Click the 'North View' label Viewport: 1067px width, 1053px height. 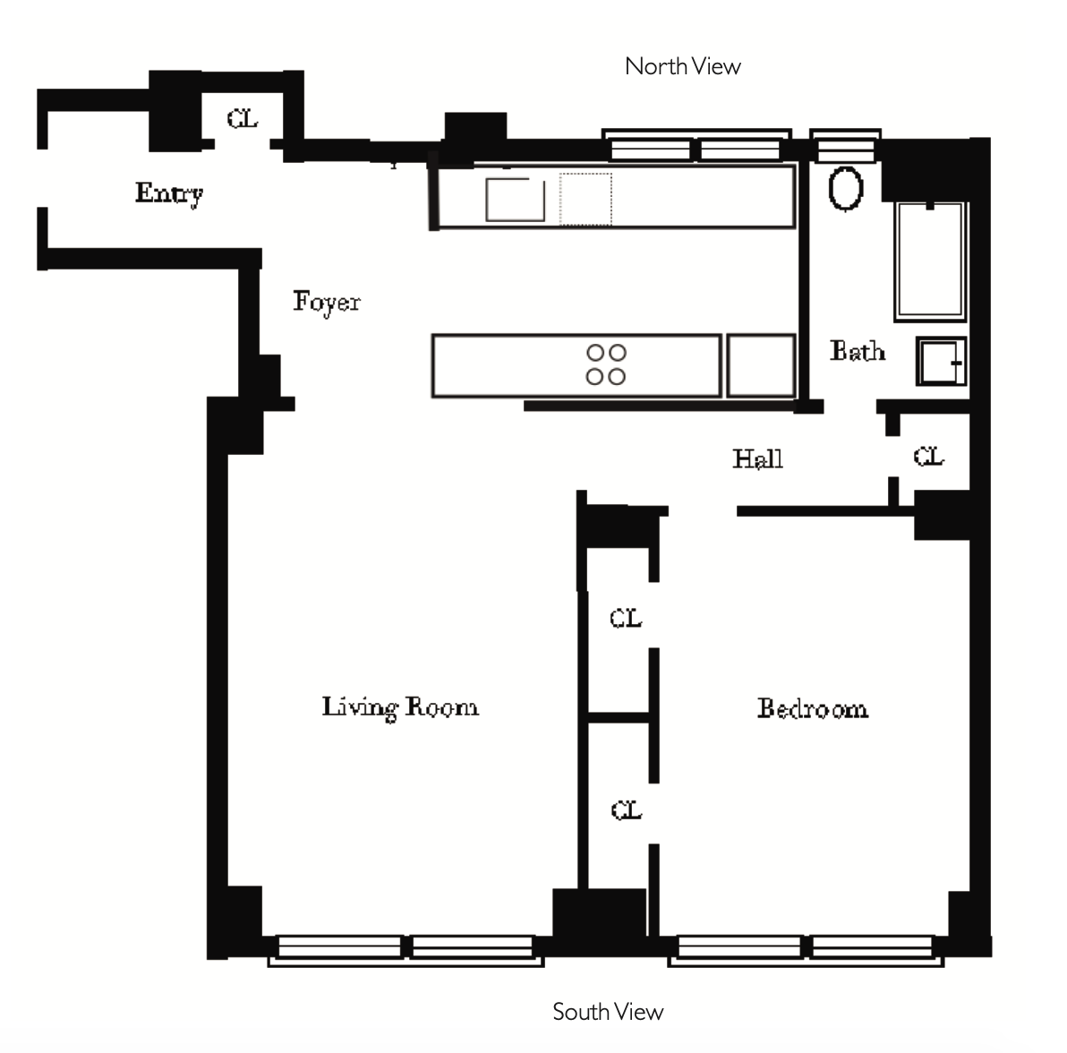click(682, 66)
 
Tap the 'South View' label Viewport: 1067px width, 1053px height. click(608, 1012)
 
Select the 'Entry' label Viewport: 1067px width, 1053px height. click(169, 193)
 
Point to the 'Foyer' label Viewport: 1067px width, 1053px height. click(327, 302)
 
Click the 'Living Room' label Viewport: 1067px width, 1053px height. click(400, 707)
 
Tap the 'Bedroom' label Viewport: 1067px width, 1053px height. click(813, 709)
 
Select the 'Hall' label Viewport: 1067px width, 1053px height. click(757, 459)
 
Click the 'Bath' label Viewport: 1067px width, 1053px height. click(858, 351)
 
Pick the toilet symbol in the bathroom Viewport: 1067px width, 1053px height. click(845, 188)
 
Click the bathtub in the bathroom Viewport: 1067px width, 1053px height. click(930, 261)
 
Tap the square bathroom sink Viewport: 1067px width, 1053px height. click(941, 362)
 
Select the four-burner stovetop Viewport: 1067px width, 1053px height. click(606, 364)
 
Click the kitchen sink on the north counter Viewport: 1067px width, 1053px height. click(515, 199)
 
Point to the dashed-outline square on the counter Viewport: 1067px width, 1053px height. click(586, 199)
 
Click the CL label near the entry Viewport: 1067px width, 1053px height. click(242, 118)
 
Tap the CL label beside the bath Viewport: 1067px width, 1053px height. click(928, 458)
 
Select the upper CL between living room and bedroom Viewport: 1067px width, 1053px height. click(625, 619)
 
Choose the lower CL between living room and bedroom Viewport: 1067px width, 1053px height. click(626, 810)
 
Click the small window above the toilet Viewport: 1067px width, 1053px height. click(845, 146)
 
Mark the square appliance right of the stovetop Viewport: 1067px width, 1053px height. click(761, 365)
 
